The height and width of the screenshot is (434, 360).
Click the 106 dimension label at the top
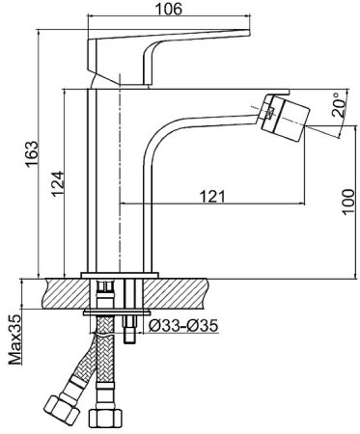pyautogui.click(x=168, y=9)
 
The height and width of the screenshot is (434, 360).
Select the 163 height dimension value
pyautogui.click(x=32, y=154)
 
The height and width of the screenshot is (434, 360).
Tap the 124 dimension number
pyautogui.click(x=58, y=184)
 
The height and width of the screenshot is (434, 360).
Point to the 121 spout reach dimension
pyautogui.click(x=212, y=196)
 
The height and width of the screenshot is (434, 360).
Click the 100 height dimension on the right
pyautogui.click(x=347, y=202)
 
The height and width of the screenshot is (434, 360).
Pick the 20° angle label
pyautogui.click(x=338, y=105)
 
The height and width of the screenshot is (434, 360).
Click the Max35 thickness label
pyautogui.click(x=14, y=339)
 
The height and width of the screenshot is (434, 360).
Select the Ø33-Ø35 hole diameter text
pyautogui.click(x=183, y=326)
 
